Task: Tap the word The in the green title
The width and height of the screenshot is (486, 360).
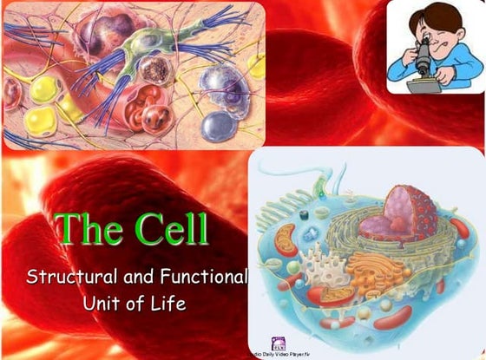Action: (90, 228)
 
